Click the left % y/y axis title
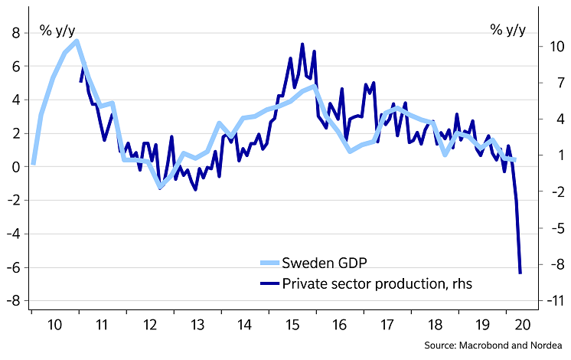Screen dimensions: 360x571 pyautogui.click(x=57, y=31)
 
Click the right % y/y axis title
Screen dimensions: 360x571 pyautogui.click(x=508, y=31)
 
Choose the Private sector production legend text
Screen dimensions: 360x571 pyautogui.click(x=377, y=283)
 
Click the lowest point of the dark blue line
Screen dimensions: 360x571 pyautogui.click(x=520, y=273)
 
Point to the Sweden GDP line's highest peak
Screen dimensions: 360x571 pyautogui.click(x=77, y=41)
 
